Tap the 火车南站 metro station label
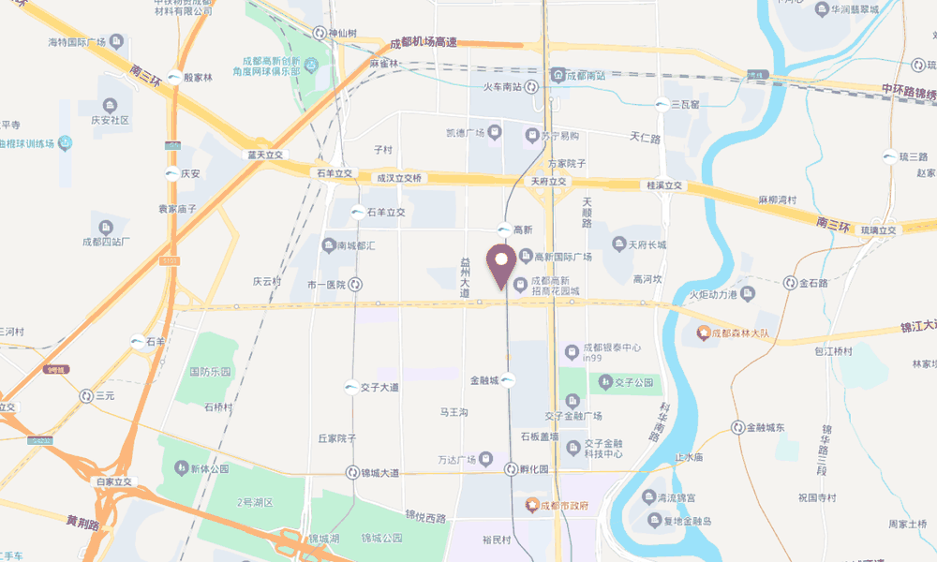coord(502,87)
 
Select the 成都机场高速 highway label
coord(423,43)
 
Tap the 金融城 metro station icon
coord(507,380)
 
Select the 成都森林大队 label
coord(739,333)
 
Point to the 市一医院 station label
coord(327,284)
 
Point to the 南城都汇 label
coord(354,245)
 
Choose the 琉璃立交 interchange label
coord(879,230)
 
